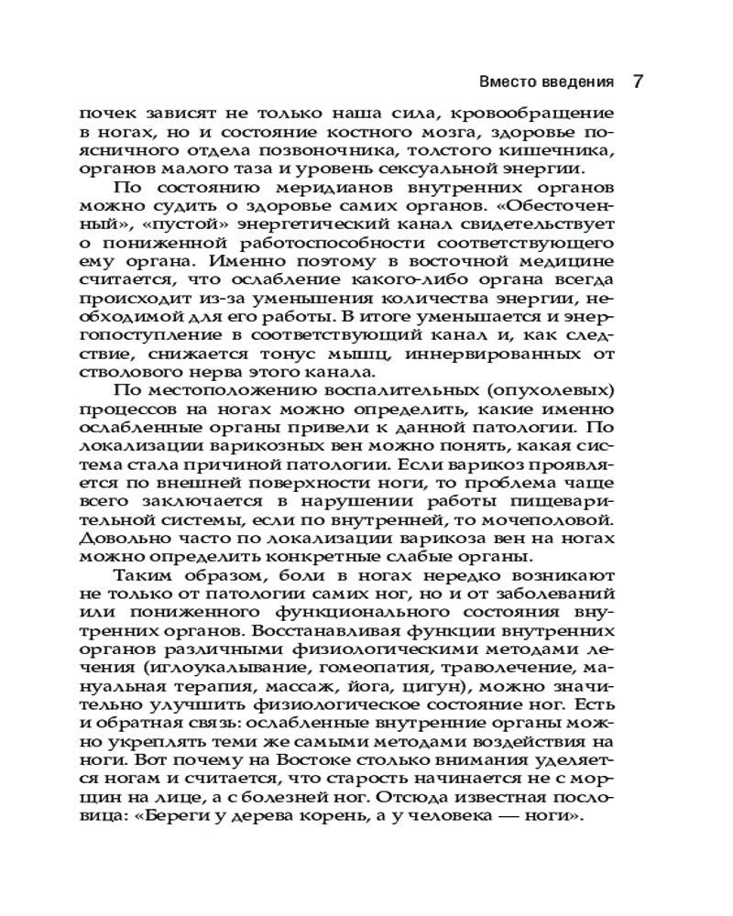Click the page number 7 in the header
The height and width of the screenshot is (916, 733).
click(x=639, y=81)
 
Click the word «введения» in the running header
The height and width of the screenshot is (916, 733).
click(x=575, y=82)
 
